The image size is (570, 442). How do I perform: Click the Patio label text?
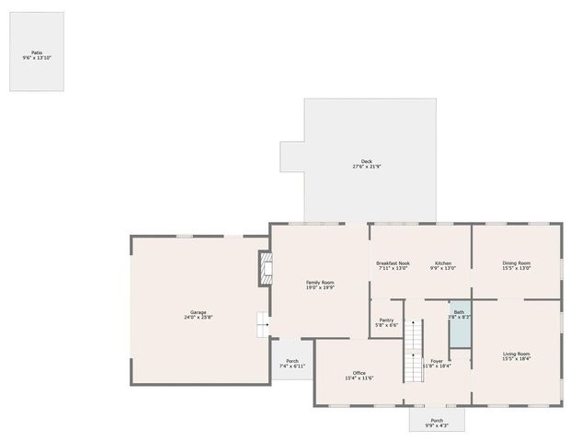pos(37,52)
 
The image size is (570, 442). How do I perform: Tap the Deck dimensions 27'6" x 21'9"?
pos(367,167)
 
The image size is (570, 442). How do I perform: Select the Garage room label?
pos(198,313)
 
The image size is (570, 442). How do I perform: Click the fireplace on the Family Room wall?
pos(266,268)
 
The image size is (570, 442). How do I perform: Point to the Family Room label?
pos(320,282)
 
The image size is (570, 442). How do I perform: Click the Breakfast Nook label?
pos(393,263)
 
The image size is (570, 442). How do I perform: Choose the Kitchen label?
pos(443,263)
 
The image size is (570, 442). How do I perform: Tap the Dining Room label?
pos(516,263)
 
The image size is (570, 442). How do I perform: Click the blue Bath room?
pos(459,323)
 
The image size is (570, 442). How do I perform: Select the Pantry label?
pos(387,320)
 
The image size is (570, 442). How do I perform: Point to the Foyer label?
pos(437,361)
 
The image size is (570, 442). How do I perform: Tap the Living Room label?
pos(516,354)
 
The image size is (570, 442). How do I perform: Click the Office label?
pos(359,373)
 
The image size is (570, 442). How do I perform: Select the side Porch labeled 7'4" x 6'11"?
pos(292,363)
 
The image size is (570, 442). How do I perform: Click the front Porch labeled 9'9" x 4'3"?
pos(437,421)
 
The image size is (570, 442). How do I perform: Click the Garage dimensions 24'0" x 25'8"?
pos(198,319)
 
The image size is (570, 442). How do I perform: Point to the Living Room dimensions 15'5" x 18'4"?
pos(516,359)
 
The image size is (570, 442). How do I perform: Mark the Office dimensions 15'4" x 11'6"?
pos(359,378)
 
